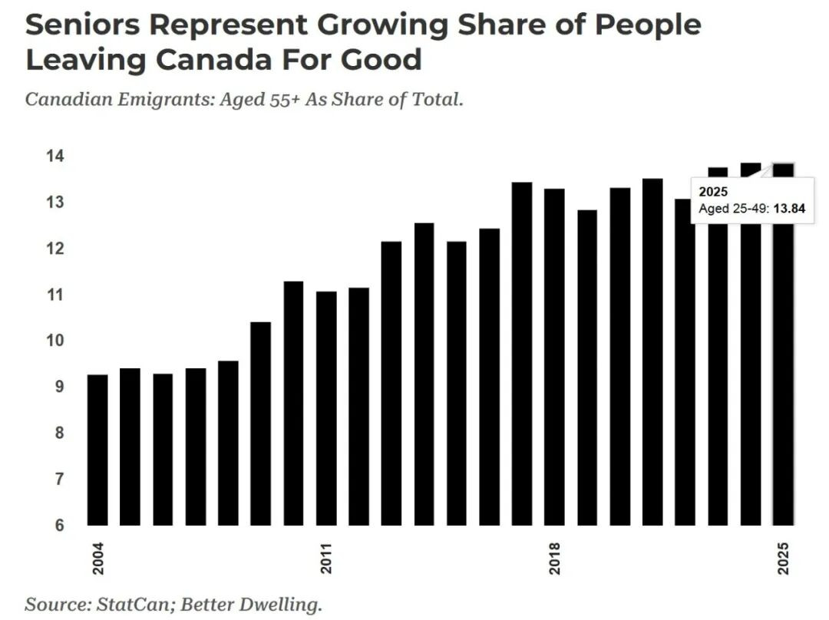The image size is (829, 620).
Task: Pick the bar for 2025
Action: pyautogui.click(x=783, y=384)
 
